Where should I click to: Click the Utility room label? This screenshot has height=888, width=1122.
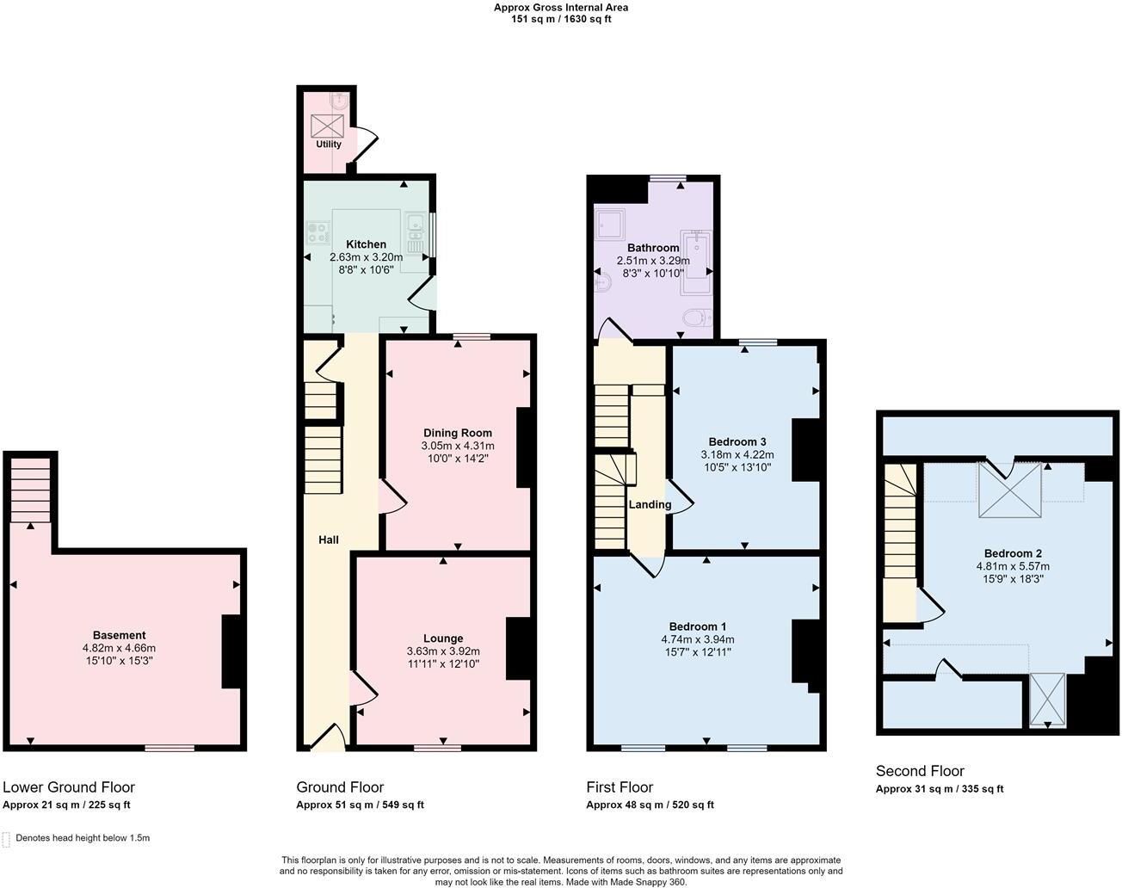[x=329, y=145]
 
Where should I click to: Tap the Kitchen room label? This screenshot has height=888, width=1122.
[x=366, y=244]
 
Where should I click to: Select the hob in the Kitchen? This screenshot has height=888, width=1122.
[x=318, y=231]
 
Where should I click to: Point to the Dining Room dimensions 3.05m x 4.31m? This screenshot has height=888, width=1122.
[x=458, y=446]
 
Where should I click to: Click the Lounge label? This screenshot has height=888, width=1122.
[x=443, y=638]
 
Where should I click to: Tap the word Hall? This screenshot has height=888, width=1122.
[x=329, y=540]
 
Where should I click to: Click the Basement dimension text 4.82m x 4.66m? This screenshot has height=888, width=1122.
[x=119, y=648]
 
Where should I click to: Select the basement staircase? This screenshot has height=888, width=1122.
[x=31, y=490]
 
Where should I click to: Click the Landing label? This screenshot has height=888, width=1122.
[x=650, y=504]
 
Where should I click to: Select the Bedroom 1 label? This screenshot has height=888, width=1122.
[x=698, y=626]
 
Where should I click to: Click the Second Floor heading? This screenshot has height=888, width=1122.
[x=920, y=771]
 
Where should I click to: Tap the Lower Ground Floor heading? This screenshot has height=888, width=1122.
[x=69, y=786]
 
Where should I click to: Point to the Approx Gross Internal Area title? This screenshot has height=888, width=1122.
[x=560, y=8]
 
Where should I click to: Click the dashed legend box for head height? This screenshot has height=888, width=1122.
[x=7, y=839]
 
